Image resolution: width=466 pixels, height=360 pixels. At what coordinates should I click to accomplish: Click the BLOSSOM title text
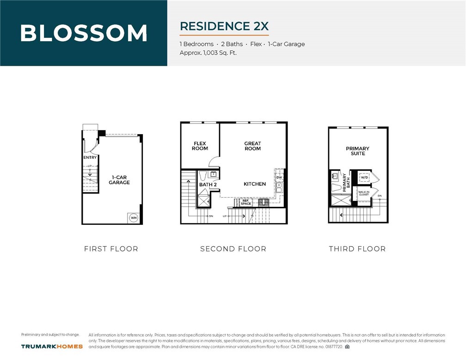pyautogui.click(x=84, y=33)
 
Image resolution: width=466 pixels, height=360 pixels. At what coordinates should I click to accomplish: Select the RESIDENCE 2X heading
pyautogui.click(x=224, y=26)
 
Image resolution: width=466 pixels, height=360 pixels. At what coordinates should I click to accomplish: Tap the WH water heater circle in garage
pyautogui.click(x=134, y=217)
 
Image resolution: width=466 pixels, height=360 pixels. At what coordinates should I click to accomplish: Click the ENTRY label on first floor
pyautogui.click(x=90, y=158)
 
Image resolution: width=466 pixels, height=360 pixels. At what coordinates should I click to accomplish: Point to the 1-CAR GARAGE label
pyautogui.click(x=119, y=180)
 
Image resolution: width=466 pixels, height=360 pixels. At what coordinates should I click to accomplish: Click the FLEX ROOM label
pyautogui.click(x=200, y=146)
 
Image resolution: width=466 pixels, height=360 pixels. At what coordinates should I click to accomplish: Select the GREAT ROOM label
pyautogui.click(x=252, y=146)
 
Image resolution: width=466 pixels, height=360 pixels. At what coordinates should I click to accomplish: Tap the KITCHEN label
pyautogui.click(x=255, y=184)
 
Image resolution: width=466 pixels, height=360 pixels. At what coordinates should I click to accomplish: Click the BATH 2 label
pyautogui.click(x=208, y=185)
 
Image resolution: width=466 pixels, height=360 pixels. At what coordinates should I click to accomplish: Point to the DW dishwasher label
pyautogui.click(x=279, y=178)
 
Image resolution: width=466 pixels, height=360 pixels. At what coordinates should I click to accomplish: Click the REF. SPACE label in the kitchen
pyautogui.click(x=245, y=202)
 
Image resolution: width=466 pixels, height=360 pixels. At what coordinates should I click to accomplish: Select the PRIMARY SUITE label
pyautogui.click(x=357, y=151)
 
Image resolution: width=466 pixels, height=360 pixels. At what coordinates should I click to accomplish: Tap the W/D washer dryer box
pyautogui.click(x=364, y=177)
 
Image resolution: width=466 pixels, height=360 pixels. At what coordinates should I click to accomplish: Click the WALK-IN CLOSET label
pyautogui.click(x=364, y=193)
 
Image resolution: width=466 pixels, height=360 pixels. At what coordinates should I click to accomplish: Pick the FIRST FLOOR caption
pyautogui.click(x=111, y=249)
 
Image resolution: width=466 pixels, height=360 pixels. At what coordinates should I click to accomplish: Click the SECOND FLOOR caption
pyautogui.click(x=233, y=249)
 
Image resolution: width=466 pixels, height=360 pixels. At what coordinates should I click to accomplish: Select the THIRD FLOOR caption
pyautogui.click(x=357, y=249)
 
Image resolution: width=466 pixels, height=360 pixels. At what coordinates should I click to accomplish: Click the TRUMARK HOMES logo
pyautogui.click(x=52, y=346)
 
